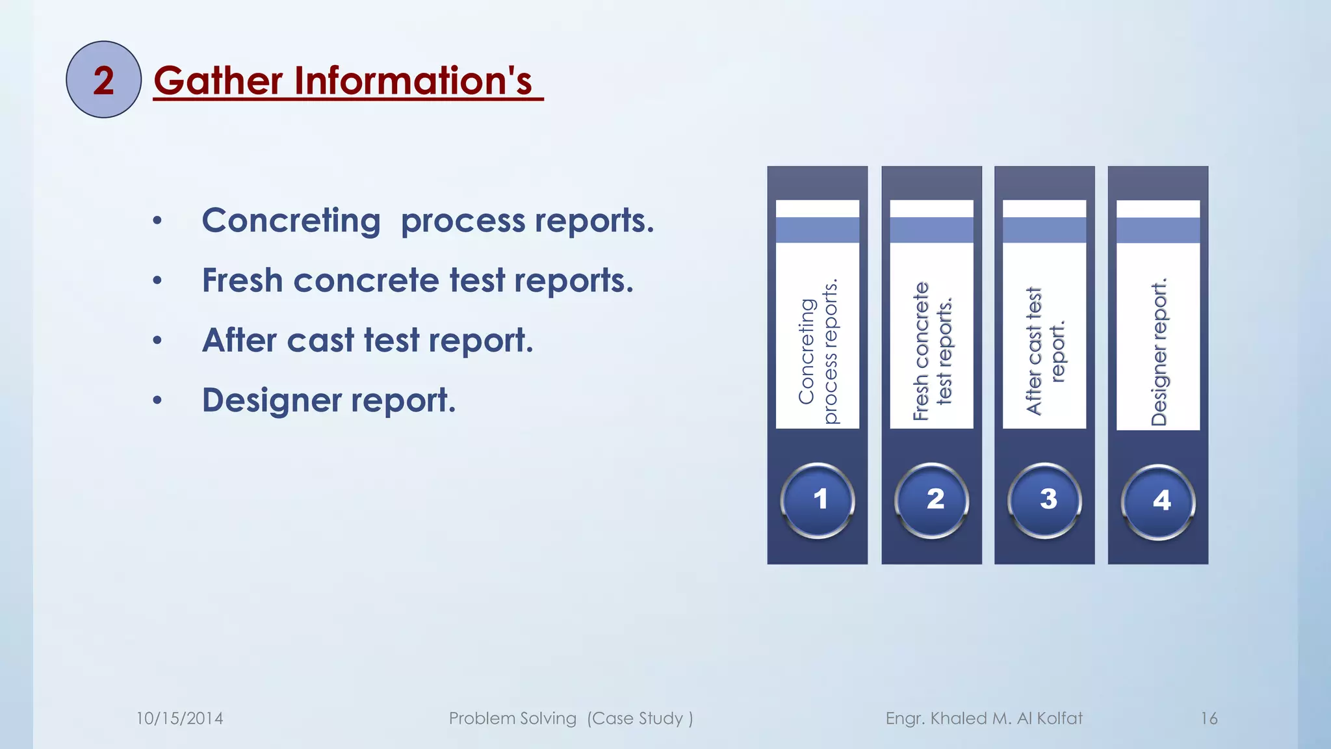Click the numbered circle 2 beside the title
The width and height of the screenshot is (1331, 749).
pos(103,79)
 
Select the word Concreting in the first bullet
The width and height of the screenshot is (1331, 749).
pos(291,220)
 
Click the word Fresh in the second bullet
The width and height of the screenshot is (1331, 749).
pos(242,280)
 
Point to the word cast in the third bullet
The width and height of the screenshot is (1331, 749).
pos(320,340)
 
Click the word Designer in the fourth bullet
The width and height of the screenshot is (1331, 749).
pos(271,400)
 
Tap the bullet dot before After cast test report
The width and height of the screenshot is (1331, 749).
pos(157,341)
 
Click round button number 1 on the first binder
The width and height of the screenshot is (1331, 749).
pos(818,500)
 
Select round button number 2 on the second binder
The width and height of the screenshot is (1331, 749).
pos(932,500)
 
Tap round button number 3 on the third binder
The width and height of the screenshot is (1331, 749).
pos(1045,500)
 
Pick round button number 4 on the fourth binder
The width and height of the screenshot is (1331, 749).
pos(1158,501)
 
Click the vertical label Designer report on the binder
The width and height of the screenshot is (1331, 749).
pos(1159,352)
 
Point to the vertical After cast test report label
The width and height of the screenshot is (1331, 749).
pos(1045,352)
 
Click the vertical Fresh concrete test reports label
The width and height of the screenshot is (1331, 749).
pos(932,352)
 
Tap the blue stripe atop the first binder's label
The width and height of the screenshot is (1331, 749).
pos(818,230)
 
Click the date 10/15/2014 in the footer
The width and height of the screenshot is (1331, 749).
pos(179,718)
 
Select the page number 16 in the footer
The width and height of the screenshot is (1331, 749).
pos(1209,718)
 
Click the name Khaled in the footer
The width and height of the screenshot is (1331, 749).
pos(958,718)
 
